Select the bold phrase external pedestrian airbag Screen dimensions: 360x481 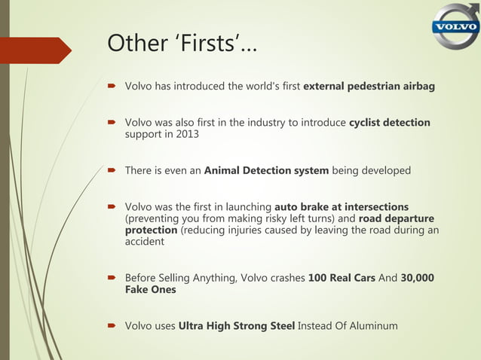369,87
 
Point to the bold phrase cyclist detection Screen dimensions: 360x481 390,122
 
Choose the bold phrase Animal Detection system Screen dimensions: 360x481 266,170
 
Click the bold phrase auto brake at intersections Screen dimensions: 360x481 342,206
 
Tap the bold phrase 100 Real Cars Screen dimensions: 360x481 342,278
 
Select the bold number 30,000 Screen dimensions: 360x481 417,278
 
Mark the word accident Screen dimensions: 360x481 144,242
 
